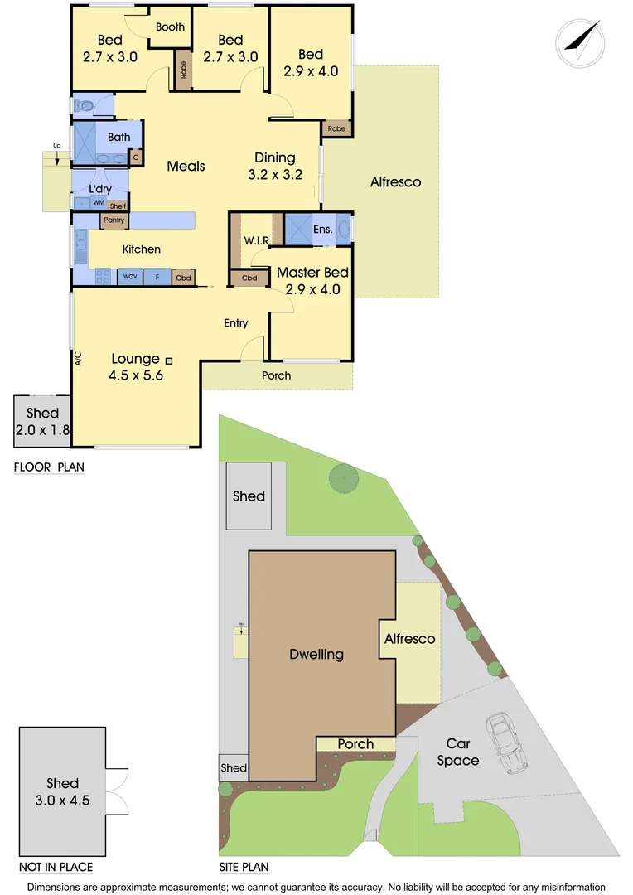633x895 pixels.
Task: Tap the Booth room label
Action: coord(170,27)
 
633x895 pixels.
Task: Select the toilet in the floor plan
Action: coord(85,106)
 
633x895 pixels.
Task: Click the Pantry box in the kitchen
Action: coord(113,220)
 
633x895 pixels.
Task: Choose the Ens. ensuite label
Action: coord(323,230)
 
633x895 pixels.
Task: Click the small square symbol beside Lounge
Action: coord(169,360)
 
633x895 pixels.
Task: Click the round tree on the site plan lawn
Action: coord(343,477)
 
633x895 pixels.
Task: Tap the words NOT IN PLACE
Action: coord(56,867)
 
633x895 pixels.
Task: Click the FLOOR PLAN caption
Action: coord(49,467)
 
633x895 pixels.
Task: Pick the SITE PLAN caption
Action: coord(244,868)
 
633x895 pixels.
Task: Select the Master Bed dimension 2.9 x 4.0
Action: coord(312,290)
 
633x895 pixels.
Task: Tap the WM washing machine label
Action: coord(98,203)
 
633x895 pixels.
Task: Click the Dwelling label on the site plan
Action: coord(316,655)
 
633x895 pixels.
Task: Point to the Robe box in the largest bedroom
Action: coord(336,128)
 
